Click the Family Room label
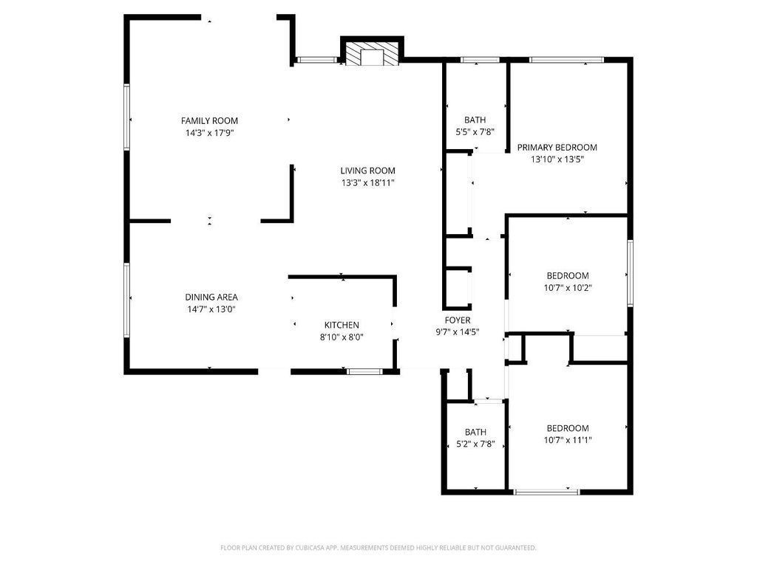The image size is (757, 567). (209, 120)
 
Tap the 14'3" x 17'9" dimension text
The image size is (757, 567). (209, 133)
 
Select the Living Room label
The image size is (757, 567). (368, 171)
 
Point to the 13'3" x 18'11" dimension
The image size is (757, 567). (368, 183)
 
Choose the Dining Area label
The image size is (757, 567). (211, 297)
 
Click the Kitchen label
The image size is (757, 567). (342, 325)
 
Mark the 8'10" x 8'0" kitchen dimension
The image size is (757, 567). (342, 337)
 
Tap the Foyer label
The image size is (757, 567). (458, 320)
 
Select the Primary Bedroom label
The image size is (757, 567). (557, 147)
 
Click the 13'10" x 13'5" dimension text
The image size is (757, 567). (557, 159)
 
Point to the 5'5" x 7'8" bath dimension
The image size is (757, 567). (475, 131)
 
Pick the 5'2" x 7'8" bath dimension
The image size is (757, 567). (475, 444)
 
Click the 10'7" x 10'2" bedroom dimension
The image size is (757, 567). (568, 288)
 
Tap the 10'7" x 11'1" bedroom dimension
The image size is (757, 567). (568, 440)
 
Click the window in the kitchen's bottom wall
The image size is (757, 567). (364, 371)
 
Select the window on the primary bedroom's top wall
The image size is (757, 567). (566, 60)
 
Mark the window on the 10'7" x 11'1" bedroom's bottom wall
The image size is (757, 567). (546, 492)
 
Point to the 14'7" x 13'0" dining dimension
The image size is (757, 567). (211, 309)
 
